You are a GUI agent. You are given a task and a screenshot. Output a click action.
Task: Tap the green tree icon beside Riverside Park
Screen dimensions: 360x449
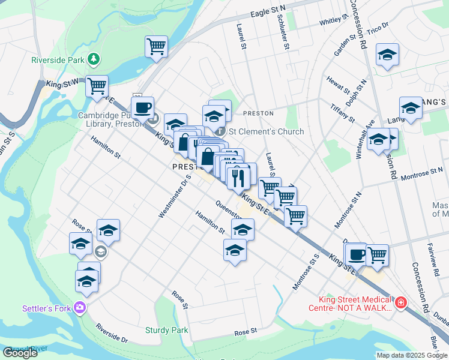93,59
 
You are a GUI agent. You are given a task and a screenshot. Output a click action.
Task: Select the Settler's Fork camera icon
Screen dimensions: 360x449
80,308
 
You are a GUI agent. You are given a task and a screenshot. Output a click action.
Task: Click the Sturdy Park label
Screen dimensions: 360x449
166,330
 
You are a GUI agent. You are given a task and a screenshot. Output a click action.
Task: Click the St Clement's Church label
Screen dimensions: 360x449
265,131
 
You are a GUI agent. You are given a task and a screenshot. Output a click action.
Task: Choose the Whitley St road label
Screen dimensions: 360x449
331,21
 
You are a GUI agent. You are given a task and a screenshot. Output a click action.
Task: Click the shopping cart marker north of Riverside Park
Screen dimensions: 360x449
156,46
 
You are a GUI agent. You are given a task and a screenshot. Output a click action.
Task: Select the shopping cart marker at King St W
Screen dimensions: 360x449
97,86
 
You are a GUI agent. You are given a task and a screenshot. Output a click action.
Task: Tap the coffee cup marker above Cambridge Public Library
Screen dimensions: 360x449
142,108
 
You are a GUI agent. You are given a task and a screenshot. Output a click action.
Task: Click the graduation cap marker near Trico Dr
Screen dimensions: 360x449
388,55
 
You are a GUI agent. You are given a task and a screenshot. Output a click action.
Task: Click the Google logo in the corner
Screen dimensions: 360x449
19,353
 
